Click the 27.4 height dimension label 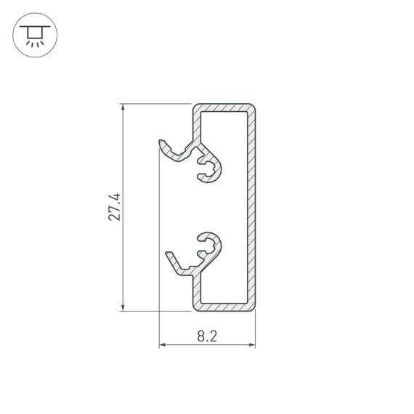(x=111, y=207)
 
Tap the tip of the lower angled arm (x=169, y=253)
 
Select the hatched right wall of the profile (x=254, y=208)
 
